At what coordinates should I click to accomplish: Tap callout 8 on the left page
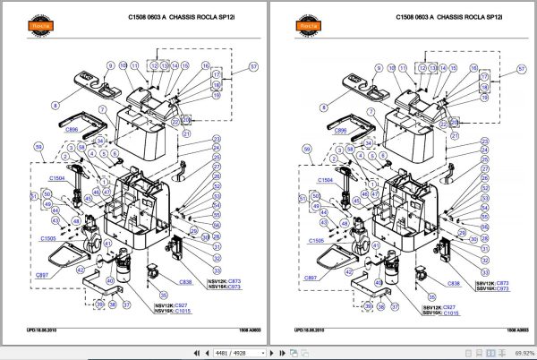(55, 106)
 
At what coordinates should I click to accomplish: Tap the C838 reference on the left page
(186, 282)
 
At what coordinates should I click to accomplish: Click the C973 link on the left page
(233, 289)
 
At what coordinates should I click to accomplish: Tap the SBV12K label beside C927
(435, 305)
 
